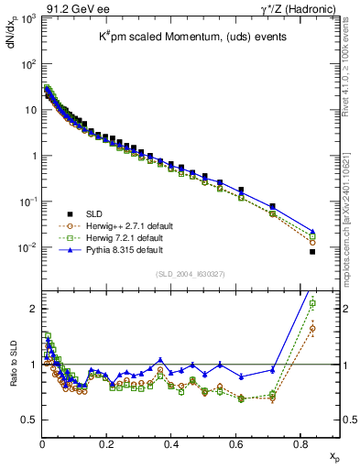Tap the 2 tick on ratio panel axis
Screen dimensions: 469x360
click(34, 309)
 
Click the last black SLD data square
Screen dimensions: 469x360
click(312, 252)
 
